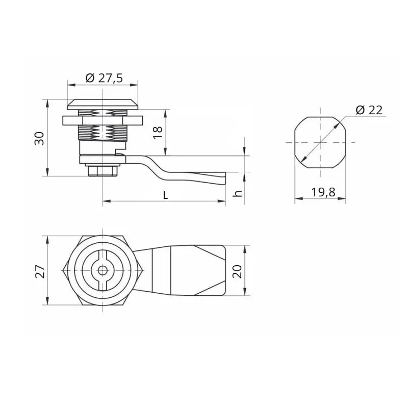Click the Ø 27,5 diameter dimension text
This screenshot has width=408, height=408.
104,78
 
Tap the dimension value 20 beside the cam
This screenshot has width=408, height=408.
237,271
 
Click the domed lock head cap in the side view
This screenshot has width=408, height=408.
103,104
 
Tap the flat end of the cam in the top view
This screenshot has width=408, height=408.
225,270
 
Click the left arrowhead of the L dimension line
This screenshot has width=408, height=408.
105,201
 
